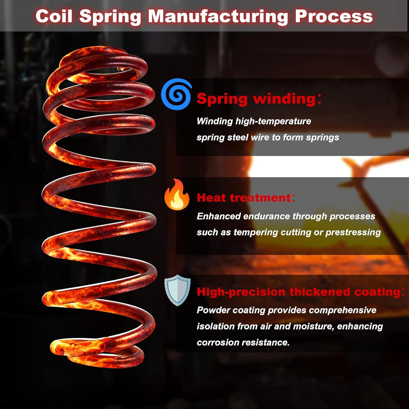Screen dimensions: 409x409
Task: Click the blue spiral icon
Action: point(176,94)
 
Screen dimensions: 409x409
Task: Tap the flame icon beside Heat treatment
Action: point(177,195)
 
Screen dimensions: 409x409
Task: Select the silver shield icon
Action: point(178,290)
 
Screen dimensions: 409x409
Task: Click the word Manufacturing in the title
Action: point(218,16)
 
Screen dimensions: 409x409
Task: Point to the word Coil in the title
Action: point(54,16)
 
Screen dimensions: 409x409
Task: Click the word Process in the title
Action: point(334,16)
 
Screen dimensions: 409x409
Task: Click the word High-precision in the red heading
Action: point(241,292)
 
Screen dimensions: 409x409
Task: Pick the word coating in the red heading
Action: point(377,292)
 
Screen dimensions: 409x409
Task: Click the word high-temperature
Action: point(273,121)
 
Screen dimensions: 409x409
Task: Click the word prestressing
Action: point(353,232)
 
